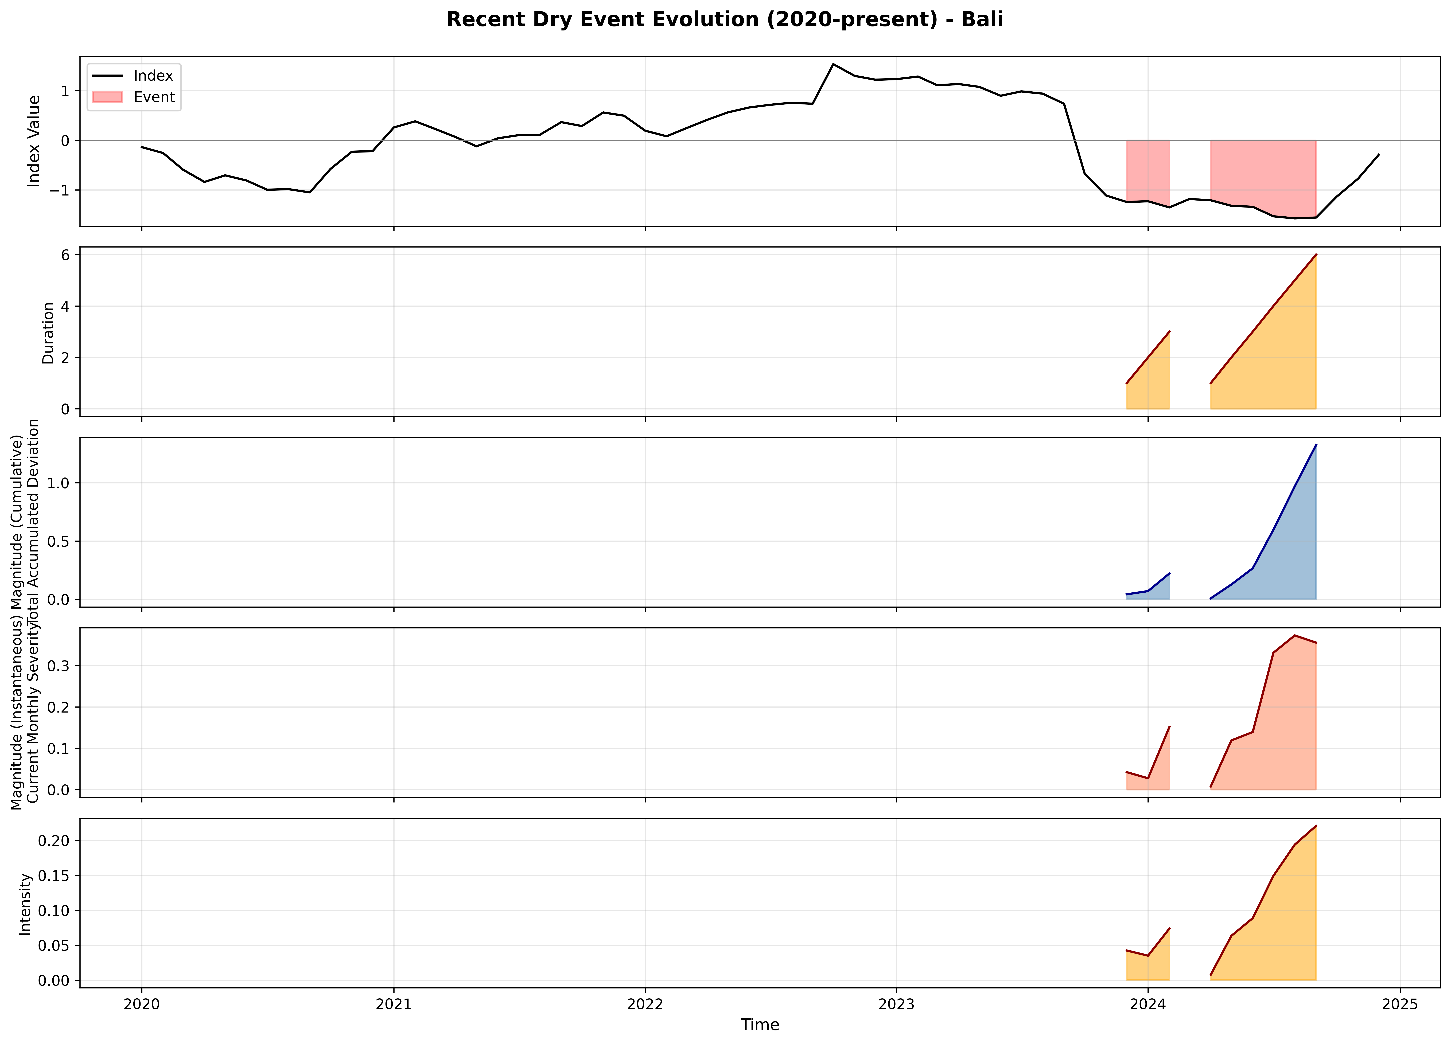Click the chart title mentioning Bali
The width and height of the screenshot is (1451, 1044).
(x=724, y=20)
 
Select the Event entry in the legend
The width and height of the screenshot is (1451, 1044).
(x=154, y=97)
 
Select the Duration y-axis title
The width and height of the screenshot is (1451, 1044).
(x=48, y=333)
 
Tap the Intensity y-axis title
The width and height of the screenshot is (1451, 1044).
(x=26, y=904)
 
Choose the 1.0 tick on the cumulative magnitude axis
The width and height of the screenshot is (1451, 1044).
(x=61, y=483)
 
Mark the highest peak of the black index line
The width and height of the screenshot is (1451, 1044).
(x=833, y=64)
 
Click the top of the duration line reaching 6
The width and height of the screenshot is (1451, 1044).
(x=1315, y=255)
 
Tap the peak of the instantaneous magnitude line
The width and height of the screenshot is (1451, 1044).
(x=1294, y=635)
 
